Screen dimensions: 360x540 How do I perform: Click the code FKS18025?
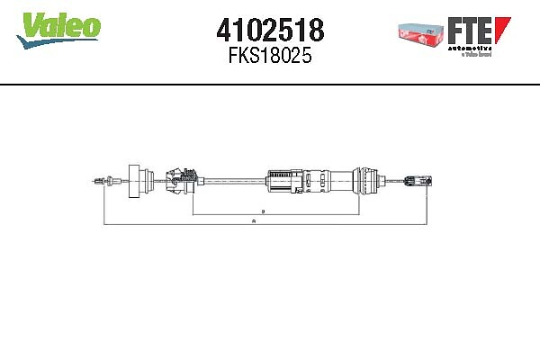270,58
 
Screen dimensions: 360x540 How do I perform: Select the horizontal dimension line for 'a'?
180,221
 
